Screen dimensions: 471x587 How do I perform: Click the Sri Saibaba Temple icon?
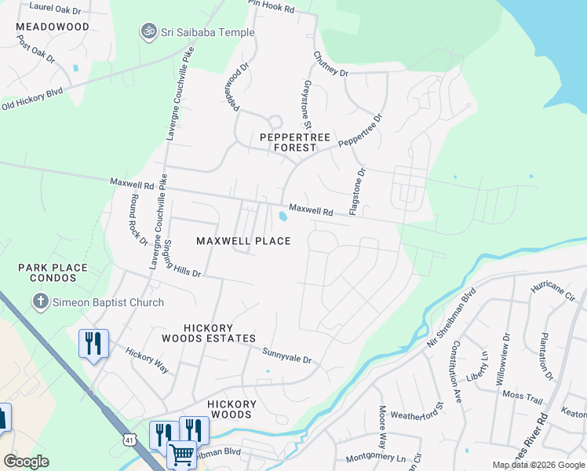(148, 32)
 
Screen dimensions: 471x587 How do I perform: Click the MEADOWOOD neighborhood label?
(53, 26)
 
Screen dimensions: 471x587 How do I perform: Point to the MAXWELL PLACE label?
(243, 240)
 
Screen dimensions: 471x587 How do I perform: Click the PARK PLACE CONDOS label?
(53, 273)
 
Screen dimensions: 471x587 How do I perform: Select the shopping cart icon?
(181, 453)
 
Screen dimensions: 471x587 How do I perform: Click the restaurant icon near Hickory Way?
(93, 342)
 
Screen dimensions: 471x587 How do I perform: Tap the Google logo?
(26, 462)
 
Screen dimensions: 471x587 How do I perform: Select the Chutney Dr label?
(330, 64)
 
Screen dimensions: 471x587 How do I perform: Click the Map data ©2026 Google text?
(538, 465)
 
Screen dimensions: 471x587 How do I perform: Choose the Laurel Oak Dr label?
(54, 7)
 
